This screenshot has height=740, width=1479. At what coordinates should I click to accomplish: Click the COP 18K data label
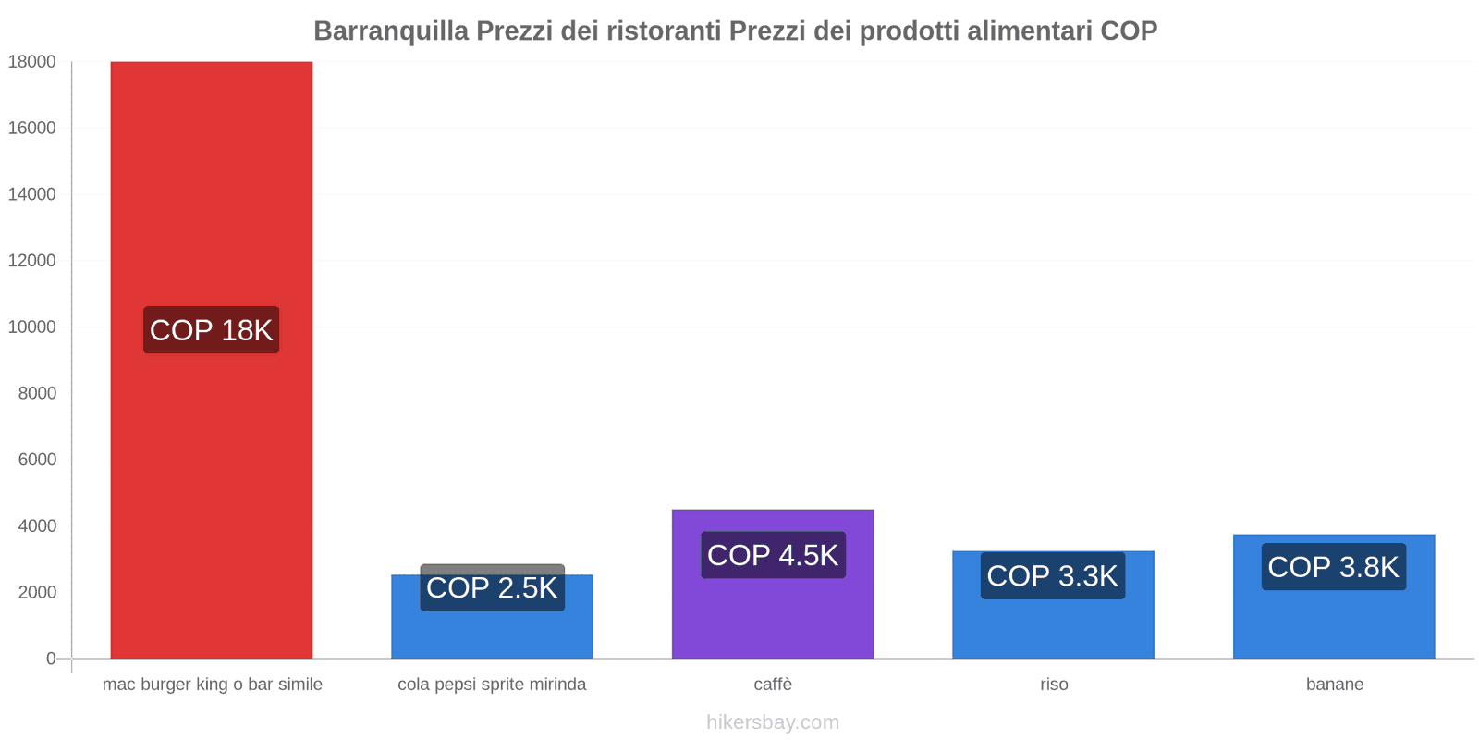click(211, 330)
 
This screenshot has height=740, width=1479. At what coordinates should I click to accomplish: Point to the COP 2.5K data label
click(492, 588)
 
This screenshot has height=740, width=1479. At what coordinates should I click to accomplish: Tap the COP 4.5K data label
click(773, 555)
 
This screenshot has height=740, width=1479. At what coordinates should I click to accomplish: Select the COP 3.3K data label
click(1053, 576)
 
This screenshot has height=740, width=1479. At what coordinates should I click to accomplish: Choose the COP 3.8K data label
click(1333, 567)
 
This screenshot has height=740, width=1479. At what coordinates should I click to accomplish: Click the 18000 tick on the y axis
click(32, 62)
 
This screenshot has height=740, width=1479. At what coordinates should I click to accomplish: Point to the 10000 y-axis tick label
click(32, 327)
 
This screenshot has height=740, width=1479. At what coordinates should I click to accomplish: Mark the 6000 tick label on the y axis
click(37, 460)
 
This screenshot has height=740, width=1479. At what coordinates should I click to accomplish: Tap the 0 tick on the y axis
click(51, 659)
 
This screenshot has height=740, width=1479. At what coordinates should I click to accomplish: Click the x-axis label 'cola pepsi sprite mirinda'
click(492, 684)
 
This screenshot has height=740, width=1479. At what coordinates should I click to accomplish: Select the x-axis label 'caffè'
click(773, 684)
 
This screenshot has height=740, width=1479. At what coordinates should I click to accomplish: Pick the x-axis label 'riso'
click(1054, 684)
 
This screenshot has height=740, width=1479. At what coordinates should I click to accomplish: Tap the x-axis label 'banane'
click(1334, 684)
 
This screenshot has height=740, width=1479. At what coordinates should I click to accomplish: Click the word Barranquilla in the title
click(391, 31)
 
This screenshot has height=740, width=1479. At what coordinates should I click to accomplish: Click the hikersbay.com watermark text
click(773, 722)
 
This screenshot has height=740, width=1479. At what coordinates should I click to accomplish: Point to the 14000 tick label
click(32, 194)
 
